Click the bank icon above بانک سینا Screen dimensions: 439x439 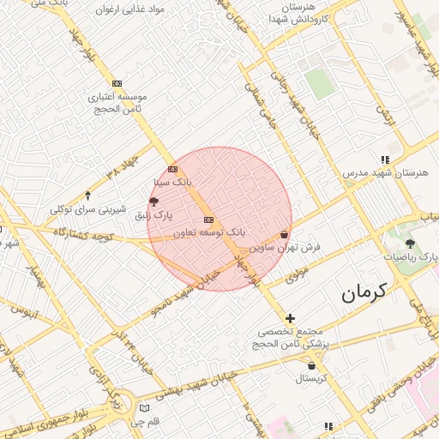[172, 169]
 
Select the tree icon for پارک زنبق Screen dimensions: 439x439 [153, 202]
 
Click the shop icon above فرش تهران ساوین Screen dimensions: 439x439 [284, 234]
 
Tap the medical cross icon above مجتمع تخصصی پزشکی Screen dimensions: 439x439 [290, 318]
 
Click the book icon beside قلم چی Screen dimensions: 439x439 [143, 406]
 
